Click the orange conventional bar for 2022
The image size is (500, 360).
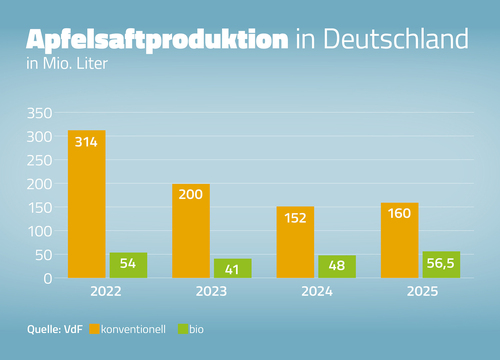tap(86, 204)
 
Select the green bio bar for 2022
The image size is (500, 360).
tap(128, 265)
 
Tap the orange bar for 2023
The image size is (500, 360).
tap(191, 231)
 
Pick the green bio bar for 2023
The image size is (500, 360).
tap(233, 268)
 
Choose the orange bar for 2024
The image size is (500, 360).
tap(295, 242)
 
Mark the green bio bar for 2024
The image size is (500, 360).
tap(337, 266)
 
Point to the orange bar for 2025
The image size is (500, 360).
tap(399, 240)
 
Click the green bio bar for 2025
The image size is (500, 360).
tap(441, 264)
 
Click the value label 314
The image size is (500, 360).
tap(86, 143)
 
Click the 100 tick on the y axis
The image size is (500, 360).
tap(40, 231)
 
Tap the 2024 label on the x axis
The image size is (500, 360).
tap(316, 294)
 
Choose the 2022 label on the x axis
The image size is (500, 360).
tap(107, 294)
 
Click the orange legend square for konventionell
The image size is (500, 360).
tap(94, 328)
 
